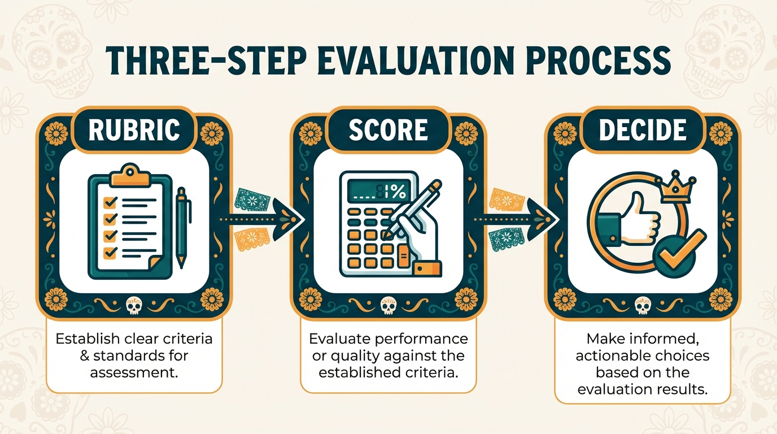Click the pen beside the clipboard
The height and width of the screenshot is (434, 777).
(x=181, y=226)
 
